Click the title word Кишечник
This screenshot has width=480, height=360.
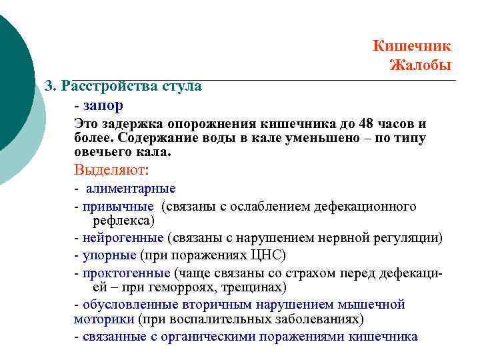tap(411, 46)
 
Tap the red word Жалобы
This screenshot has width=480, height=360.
tap(420, 65)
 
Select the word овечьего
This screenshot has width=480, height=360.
tap(101, 152)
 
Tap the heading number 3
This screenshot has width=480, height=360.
tap(49, 87)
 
